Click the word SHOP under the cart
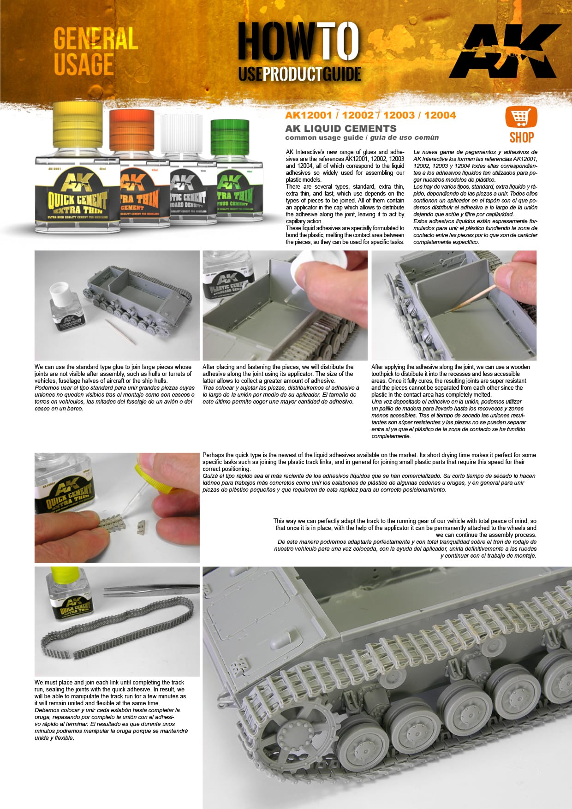[521, 137]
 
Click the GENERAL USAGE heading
[95, 51]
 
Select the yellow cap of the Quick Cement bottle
[77, 124]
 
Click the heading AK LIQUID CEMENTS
[340, 129]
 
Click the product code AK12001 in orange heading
[308, 115]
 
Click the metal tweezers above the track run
[152, 589]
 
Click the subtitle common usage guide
[324, 137]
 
